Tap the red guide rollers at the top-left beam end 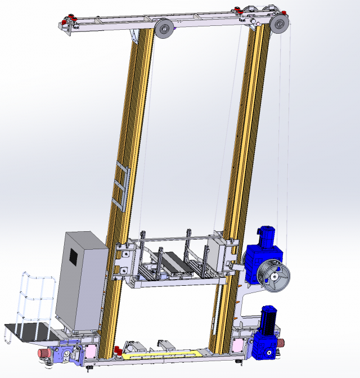71,21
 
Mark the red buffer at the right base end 282,342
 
